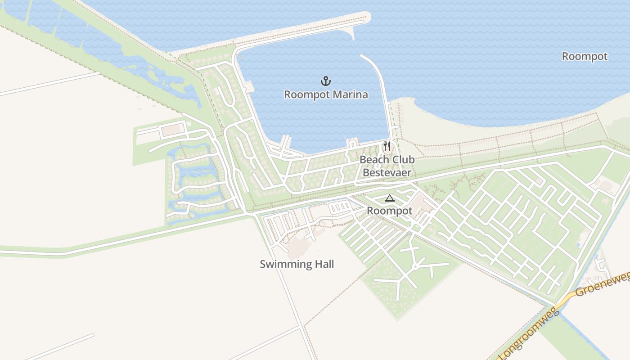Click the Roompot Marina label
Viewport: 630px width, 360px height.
point(326,94)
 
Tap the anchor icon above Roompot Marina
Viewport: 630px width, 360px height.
point(326,81)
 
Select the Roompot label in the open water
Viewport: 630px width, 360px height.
point(585,56)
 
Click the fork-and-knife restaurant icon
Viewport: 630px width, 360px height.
point(386,146)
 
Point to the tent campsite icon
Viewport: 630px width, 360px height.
point(389,198)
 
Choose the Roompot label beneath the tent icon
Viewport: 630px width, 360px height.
point(389,211)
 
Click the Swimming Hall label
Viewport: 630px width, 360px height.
point(297,264)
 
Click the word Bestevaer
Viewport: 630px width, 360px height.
point(387,172)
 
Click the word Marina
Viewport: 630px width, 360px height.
point(351,94)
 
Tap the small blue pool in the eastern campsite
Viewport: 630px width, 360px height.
point(578,245)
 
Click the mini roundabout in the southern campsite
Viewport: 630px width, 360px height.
point(415,267)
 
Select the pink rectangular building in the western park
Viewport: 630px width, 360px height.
point(171,130)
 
